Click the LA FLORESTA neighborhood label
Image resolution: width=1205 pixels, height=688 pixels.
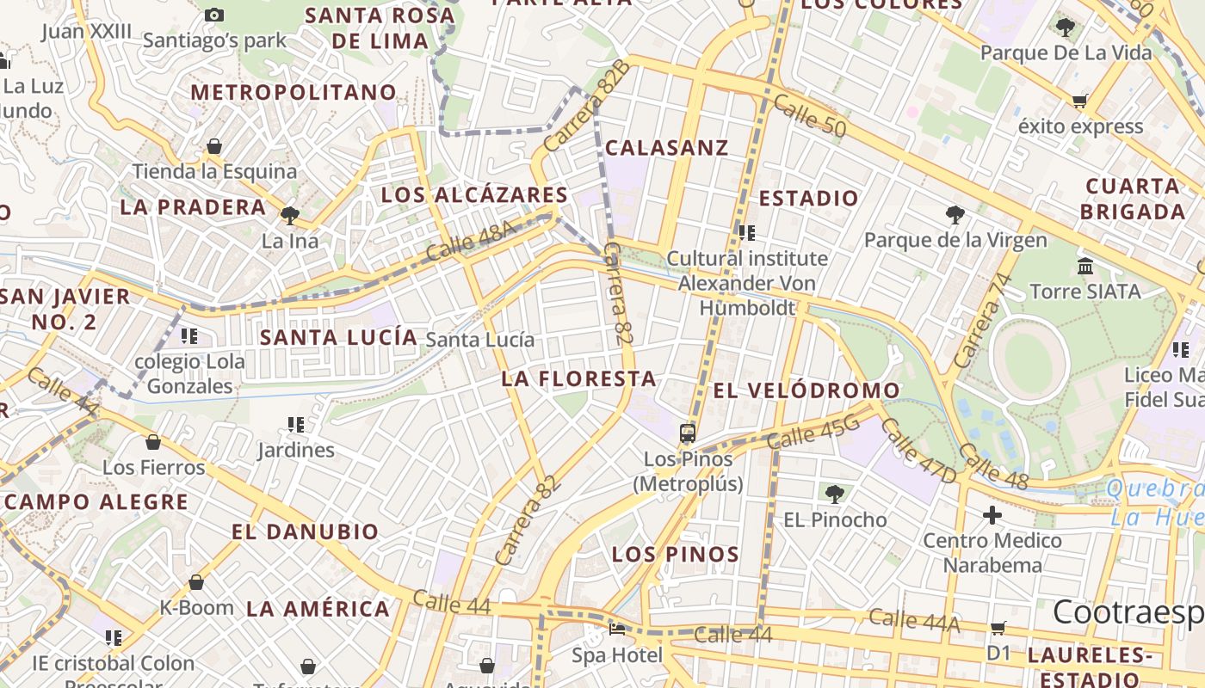578,378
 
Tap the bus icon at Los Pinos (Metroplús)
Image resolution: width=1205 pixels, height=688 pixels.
687,433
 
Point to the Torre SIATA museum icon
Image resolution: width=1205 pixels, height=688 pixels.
1085,267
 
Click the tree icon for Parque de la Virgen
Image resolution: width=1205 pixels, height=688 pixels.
955,215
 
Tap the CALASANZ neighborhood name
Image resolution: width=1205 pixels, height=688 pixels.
666,148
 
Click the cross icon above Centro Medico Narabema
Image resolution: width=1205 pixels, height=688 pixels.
992,515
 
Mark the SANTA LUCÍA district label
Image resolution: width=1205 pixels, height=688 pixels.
338,337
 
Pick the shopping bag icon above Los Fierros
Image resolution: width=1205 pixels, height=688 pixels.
153,442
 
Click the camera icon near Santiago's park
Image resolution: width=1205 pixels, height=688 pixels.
214,15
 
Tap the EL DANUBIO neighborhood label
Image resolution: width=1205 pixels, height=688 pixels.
305,531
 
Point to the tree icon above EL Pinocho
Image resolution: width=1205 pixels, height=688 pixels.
834,494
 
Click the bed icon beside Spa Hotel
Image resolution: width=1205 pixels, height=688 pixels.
617,629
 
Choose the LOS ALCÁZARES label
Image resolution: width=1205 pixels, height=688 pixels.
474,195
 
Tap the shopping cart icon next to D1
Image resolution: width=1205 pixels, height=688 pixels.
998,628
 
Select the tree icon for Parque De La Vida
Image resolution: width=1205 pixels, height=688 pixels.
1066,27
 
